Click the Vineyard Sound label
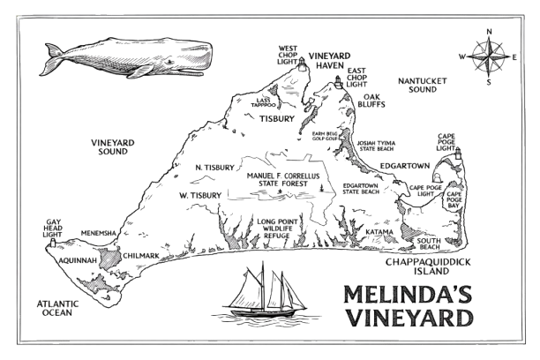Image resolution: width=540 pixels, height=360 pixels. click(x=112, y=146)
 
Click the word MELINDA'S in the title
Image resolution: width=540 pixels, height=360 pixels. click(x=407, y=293)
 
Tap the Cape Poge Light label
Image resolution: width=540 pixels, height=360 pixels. click(x=448, y=142)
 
